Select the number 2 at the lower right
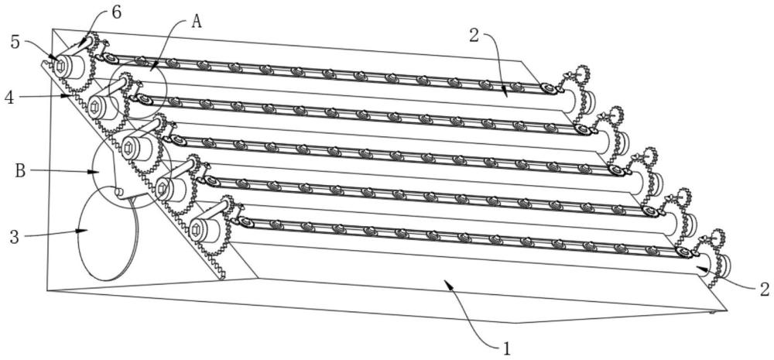point(764,290)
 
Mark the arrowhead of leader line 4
point(70,96)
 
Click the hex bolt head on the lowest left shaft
point(197,229)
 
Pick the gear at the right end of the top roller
point(577,84)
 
